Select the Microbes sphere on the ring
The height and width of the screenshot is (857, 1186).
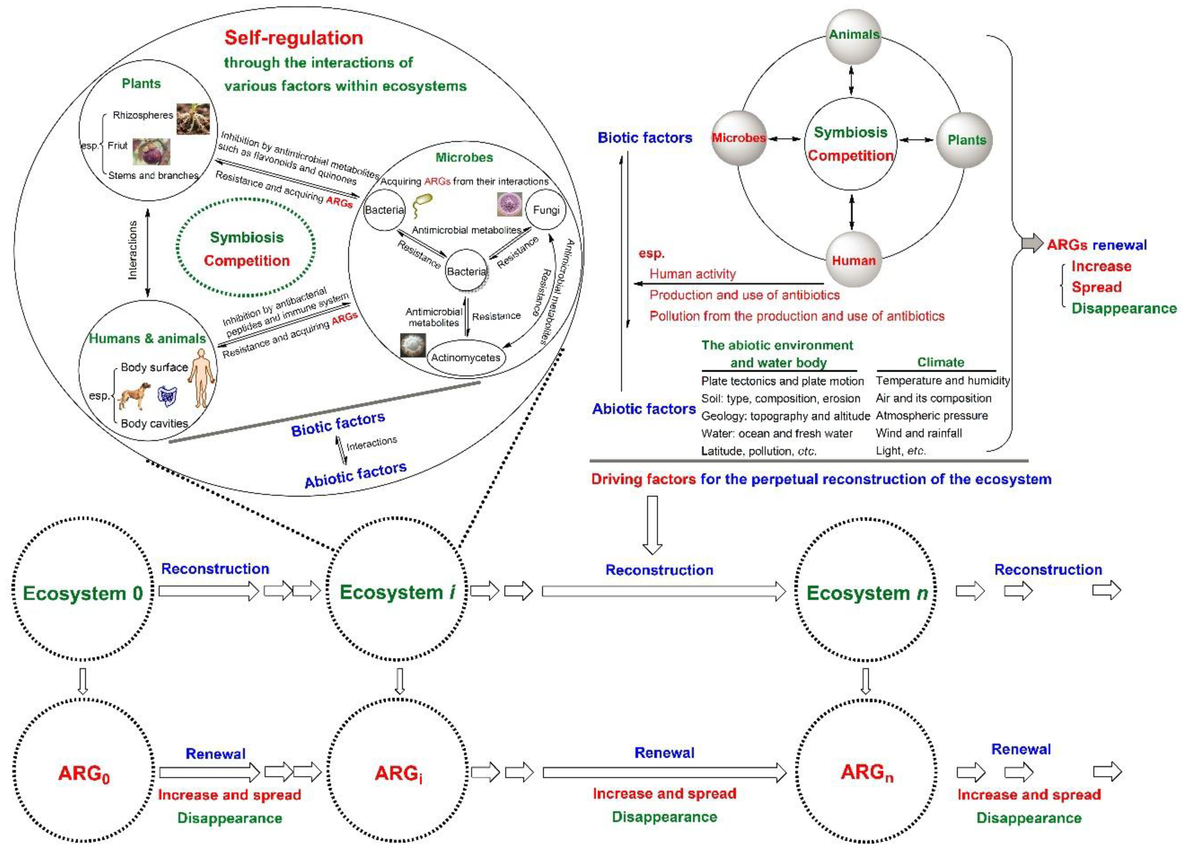[x=739, y=138]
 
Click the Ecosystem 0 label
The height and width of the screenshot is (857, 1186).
[x=83, y=593]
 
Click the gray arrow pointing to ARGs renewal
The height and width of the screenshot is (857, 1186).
[x=1032, y=243]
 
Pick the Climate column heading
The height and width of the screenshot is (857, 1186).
[x=940, y=362]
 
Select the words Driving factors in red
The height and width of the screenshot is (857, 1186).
[x=643, y=479]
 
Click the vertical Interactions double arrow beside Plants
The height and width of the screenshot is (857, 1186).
[x=148, y=253]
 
